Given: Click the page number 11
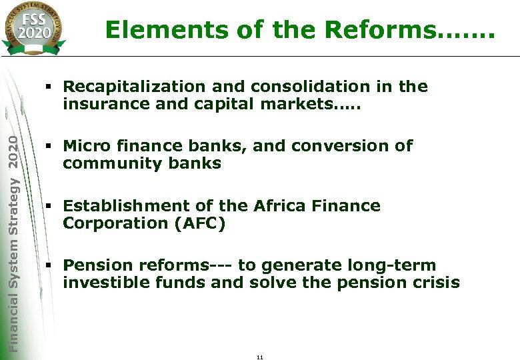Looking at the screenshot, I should pyautogui.click(x=260, y=357).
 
